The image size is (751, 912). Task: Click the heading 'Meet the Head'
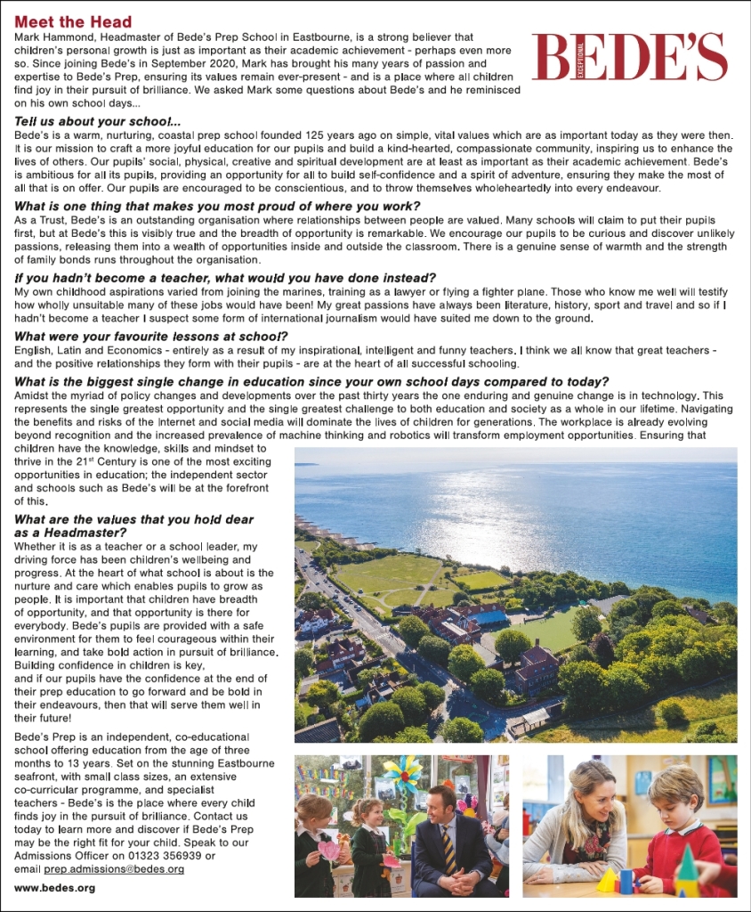click(73, 21)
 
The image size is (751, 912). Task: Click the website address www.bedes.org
click(55, 888)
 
